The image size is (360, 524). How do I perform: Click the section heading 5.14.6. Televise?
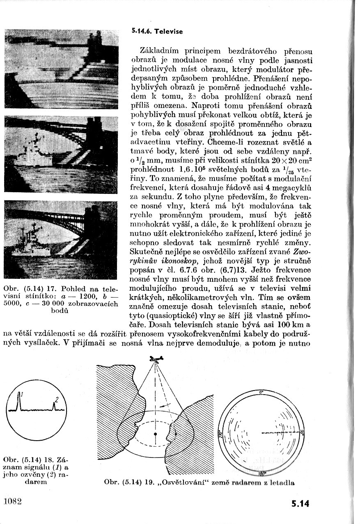pyautogui.click(x=157, y=31)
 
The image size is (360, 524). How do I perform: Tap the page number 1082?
pyautogui.click(x=12, y=502)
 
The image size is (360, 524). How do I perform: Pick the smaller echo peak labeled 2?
pyautogui.click(x=54, y=406)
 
